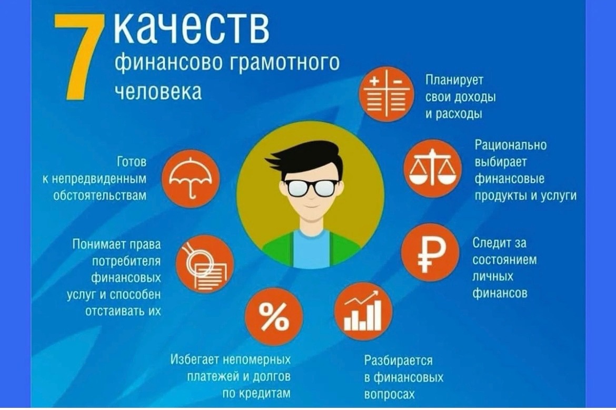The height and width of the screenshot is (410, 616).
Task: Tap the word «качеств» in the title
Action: pyautogui.click(x=191, y=28)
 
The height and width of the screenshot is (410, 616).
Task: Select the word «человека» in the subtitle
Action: pyautogui.click(x=158, y=91)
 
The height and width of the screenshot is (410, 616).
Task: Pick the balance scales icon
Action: pyautogui.click(x=432, y=168)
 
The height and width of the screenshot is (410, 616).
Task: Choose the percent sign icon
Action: pyautogui.click(x=274, y=317)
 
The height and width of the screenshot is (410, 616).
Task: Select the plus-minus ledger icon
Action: pyautogui.click(x=386, y=94)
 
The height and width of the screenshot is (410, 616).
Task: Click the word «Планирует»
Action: pyautogui.click(x=454, y=80)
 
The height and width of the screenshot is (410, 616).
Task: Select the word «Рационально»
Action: pyautogui.click(x=510, y=145)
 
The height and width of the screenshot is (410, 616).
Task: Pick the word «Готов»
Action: pyautogui.click(x=132, y=162)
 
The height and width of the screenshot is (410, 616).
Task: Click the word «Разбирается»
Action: pyautogui.click(x=399, y=360)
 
